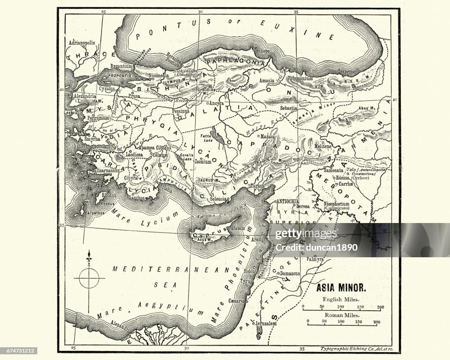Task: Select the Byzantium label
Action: pyautogui.click(x=121, y=66)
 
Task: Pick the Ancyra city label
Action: pyautogui.click(x=217, y=104)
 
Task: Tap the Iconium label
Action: pyautogui.click(x=203, y=161)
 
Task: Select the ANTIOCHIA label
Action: pyautogui.click(x=288, y=201)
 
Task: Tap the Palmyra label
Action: pyautogui.click(x=315, y=259)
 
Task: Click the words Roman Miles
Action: pyautogui.click(x=341, y=315)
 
